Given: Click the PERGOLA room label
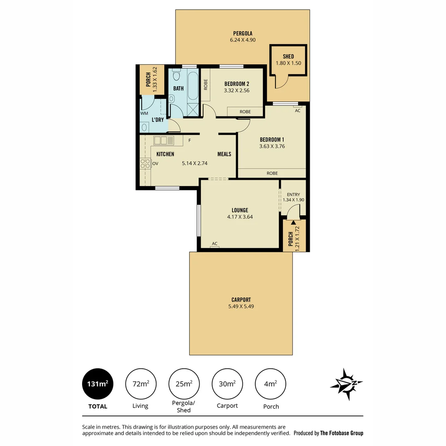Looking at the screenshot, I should pyautogui.click(x=242, y=33).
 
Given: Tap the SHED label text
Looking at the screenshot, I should pyautogui.click(x=288, y=57).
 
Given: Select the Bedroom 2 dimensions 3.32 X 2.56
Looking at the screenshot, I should pyautogui.click(x=237, y=90).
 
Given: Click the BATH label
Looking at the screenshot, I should pyautogui.click(x=178, y=88).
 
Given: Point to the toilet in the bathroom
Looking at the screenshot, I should pyautogui.click(x=177, y=74).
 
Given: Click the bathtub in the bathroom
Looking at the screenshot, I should pyautogui.click(x=192, y=85).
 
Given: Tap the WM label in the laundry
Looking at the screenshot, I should pyautogui.click(x=144, y=113).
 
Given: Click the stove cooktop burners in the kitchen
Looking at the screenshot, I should pyautogui.click(x=145, y=164).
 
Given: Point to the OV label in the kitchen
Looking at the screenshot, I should pyautogui.click(x=155, y=164).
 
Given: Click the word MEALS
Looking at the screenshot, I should pyautogui.click(x=224, y=154).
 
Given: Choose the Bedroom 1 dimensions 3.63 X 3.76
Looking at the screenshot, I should pyautogui.click(x=272, y=146).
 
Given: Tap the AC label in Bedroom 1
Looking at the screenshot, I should pyautogui.click(x=297, y=111).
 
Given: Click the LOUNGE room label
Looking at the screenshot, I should pyautogui.click(x=240, y=210).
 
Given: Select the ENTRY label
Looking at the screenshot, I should pyautogui.click(x=293, y=195).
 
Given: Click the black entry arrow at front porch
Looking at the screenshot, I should pyautogui.click(x=293, y=223).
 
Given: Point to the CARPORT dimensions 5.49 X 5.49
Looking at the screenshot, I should pyautogui.click(x=241, y=306).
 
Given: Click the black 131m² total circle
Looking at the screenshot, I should pyautogui.click(x=97, y=384).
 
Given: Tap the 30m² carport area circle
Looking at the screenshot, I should pyautogui.click(x=227, y=384).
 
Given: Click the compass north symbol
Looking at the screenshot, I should pyautogui.click(x=346, y=384).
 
